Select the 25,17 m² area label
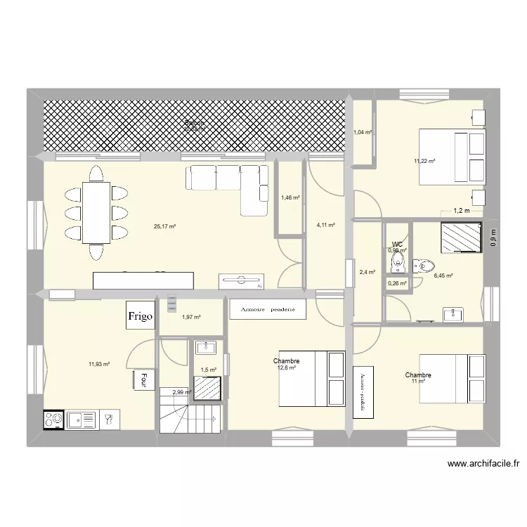(x=164, y=226)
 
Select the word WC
(x=397, y=245)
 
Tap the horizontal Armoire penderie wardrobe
(x=267, y=309)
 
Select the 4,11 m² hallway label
(x=325, y=226)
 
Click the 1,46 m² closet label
(x=290, y=198)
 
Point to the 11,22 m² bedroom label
(x=424, y=161)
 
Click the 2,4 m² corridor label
(x=367, y=272)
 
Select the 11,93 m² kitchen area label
(x=99, y=364)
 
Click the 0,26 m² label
(x=397, y=283)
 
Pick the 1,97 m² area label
(x=191, y=318)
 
